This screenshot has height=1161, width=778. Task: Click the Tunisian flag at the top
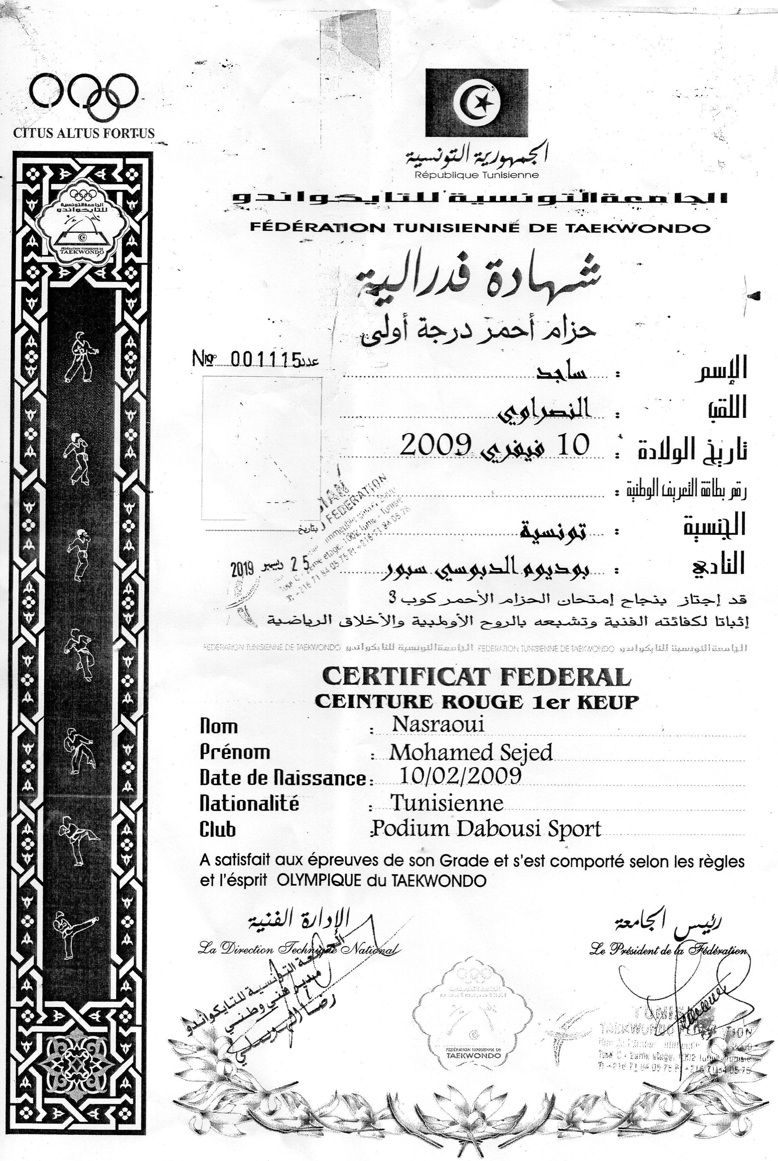[x=477, y=102]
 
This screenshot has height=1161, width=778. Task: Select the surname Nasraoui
[x=438, y=724]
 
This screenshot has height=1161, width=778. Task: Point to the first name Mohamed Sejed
[x=470, y=752]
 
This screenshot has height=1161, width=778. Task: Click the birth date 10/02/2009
[x=460, y=775]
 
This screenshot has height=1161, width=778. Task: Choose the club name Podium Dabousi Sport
[x=486, y=829]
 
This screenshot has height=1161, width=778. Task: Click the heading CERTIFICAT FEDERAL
[x=476, y=677]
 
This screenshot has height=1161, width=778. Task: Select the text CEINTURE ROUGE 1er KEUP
[x=476, y=701]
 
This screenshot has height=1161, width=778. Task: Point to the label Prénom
[x=235, y=752]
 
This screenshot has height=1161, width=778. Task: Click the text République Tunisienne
[x=476, y=174]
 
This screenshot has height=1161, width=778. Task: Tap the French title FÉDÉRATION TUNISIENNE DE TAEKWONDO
[x=480, y=228]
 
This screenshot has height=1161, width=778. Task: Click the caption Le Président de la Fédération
[x=668, y=949]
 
